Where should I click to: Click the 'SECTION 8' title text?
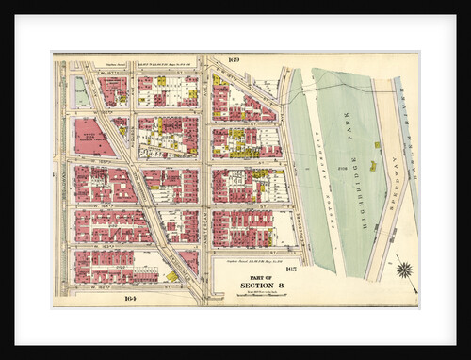255,286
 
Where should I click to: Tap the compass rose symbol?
404,270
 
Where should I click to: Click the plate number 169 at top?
234,60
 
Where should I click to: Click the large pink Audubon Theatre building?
93,137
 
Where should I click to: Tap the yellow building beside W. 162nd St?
172,276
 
